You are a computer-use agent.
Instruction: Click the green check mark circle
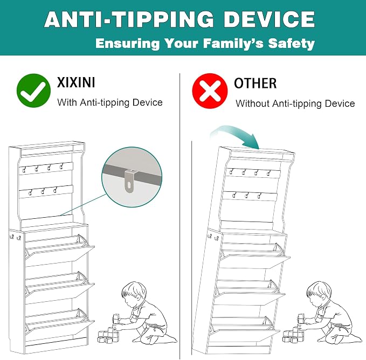point(33,91)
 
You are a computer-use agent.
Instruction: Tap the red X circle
point(210,91)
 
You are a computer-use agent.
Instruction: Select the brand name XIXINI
point(76,82)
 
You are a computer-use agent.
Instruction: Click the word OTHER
point(255,83)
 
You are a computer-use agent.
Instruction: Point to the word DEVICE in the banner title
point(270,19)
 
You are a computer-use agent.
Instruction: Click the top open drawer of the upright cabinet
point(60,248)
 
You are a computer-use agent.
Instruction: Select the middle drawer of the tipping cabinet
point(250,292)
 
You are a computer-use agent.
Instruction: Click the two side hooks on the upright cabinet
point(15,238)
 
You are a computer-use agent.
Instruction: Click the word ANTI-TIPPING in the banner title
point(129,19)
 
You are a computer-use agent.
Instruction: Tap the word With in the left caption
point(67,102)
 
